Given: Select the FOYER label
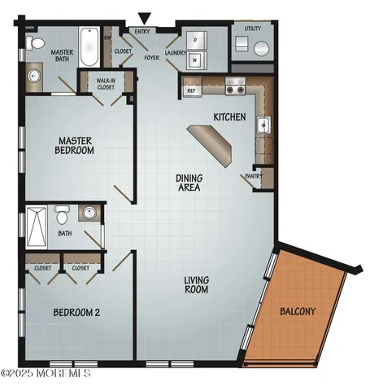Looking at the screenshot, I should (152, 57).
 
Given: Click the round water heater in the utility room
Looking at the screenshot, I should (259, 47).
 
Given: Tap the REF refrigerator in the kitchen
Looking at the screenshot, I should (191, 90).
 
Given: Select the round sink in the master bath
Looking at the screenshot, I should (33, 77).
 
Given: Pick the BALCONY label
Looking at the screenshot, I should (298, 311).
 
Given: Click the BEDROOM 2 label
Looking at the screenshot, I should (76, 313).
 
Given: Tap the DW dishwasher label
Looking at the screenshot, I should (107, 37).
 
